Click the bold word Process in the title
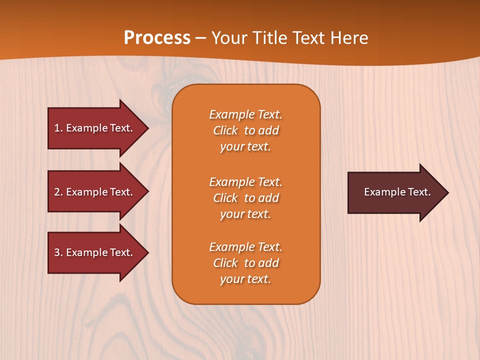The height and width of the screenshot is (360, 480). point(157,38)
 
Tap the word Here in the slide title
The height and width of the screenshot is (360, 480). point(349,38)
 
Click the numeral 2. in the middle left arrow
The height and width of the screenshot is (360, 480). point(58,192)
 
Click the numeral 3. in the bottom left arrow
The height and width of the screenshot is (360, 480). point(58,252)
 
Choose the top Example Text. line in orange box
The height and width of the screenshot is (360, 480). point(245,114)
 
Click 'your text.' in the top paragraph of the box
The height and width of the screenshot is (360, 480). point(245,146)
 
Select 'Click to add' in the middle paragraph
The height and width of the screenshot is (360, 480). point(245,198)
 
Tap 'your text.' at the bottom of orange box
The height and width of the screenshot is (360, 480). point(245,279)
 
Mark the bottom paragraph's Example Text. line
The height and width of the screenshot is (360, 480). point(245,247)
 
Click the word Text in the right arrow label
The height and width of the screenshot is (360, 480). point(419,192)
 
